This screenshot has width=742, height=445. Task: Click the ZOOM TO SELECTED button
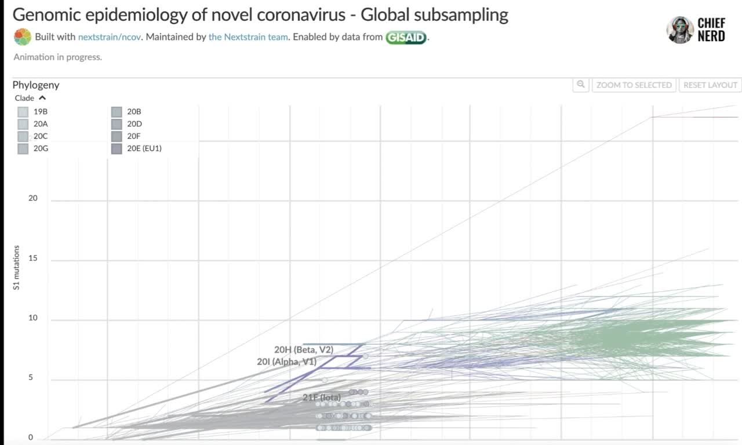click(634, 85)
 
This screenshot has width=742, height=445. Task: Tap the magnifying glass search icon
click(580, 85)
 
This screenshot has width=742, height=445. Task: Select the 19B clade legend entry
click(23, 111)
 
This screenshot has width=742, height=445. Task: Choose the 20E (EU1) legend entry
click(117, 148)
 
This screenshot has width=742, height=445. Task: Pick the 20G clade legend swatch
click(23, 148)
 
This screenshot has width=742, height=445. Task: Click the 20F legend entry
click(117, 136)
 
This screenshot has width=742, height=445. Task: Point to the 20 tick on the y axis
click(33, 198)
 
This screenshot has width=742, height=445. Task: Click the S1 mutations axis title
click(16, 267)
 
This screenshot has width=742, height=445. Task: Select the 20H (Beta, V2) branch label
click(304, 350)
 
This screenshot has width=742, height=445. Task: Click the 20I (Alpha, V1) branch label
click(286, 362)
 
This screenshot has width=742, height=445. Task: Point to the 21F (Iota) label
click(321, 397)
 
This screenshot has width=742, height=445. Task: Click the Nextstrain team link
click(248, 37)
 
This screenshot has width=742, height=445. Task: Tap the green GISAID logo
click(406, 38)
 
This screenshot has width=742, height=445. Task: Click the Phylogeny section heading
click(36, 85)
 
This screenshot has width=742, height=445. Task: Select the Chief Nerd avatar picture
click(680, 30)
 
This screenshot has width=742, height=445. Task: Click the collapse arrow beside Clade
click(42, 98)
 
